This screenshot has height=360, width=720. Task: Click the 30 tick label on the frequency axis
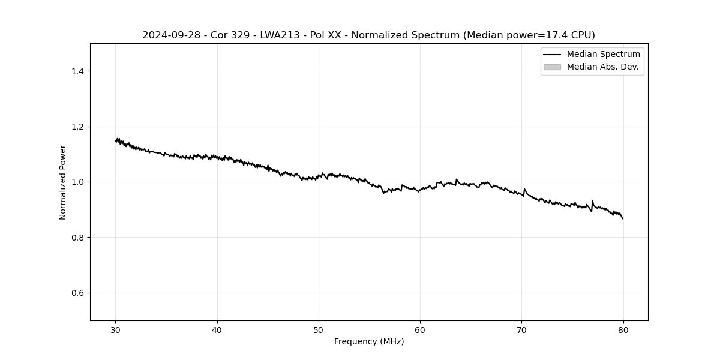(x=116, y=329)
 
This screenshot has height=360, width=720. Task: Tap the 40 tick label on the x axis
(x=217, y=329)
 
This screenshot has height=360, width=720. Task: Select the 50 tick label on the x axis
(x=319, y=329)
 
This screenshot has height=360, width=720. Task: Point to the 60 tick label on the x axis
(x=420, y=329)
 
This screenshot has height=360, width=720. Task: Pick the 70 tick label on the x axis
(x=521, y=329)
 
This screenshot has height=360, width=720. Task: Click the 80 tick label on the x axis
(x=623, y=329)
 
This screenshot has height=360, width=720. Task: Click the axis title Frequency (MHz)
(x=369, y=341)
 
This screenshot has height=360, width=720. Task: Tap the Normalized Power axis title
(x=63, y=182)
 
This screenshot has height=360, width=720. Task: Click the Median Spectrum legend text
(x=603, y=55)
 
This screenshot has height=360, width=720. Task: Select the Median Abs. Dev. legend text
(x=602, y=67)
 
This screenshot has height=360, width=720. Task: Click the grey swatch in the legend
(x=552, y=67)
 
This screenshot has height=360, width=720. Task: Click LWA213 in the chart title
(x=280, y=35)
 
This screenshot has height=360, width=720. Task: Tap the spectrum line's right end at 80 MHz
(x=623, y=218)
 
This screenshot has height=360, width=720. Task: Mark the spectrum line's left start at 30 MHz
(x=116, y=140)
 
